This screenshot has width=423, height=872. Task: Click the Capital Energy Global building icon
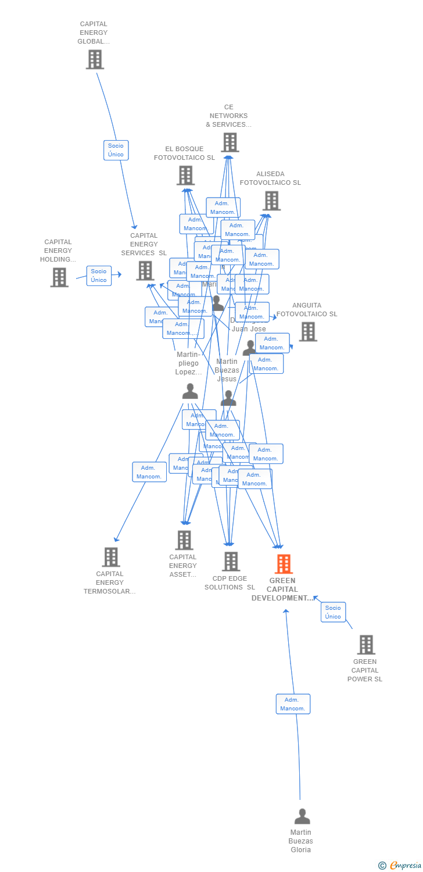(x=95, y=59)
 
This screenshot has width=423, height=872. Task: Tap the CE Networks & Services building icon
(x=230, y=142)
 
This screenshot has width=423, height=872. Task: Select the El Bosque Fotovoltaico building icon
(x=185, y=176)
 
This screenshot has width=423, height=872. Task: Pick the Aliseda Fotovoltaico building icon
(x=271, y=201)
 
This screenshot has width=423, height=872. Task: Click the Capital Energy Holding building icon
(x=59, y=277)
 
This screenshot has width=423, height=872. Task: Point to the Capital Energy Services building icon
(x=145, y=270)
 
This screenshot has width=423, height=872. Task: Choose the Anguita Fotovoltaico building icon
(x=307, y=331)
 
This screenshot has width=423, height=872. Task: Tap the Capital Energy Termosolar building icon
(x=110, y=557)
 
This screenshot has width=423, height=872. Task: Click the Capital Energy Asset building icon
(x=184, y=540)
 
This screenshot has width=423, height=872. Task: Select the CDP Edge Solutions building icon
(x=231, y=562)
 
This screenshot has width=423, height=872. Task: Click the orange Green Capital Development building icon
(x=283, y=564)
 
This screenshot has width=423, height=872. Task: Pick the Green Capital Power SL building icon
(x=365, y=645)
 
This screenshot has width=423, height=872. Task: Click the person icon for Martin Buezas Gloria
(x=302, y=817)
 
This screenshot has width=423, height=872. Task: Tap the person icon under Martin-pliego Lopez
(x=190, y=391)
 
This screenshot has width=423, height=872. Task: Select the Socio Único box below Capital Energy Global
(x=116, y=150)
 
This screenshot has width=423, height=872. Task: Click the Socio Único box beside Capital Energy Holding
(x=99, y=276)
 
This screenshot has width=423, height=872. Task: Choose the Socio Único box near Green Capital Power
(x=333, y=612)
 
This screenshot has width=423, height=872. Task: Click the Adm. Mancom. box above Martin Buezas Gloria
(x=293, y=704)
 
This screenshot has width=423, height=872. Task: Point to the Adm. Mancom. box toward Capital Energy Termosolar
(x=149, y=472)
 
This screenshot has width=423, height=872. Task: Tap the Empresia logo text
(x=405, y=866)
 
